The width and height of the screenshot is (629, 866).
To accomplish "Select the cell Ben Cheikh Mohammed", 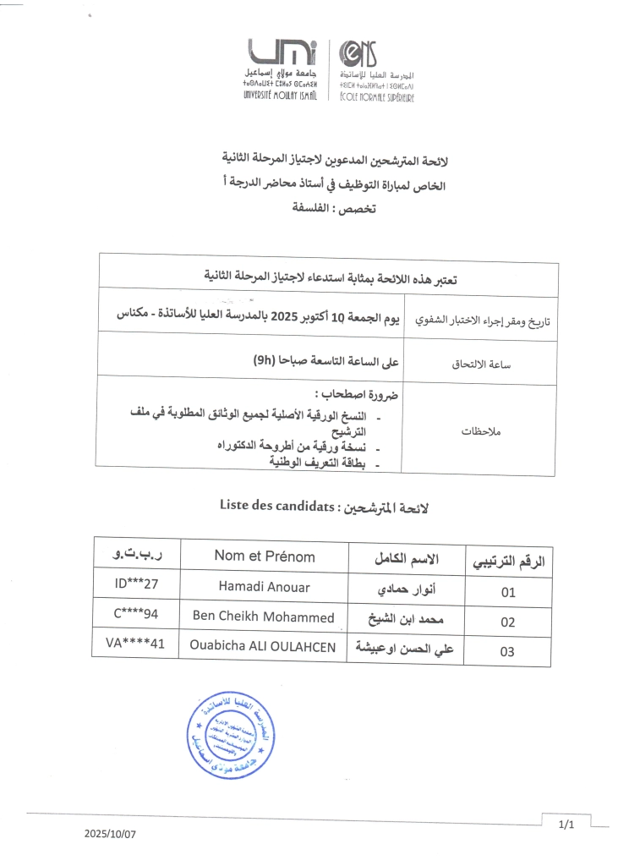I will pyautogui.click(x=263, y=616).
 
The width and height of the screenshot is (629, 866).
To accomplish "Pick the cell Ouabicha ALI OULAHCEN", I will pyautogui.click(x=265, y=647).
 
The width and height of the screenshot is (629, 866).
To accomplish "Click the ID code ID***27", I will pyautogui.click(x=136, y=583).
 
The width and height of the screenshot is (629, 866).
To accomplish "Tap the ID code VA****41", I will pyautogui.click(x=136, y=644).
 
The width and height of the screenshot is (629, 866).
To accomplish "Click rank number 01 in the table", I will pyautogui.click(x=507, y=592).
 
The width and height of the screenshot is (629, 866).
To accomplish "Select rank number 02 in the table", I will pyautogui.click(x=507, y=622).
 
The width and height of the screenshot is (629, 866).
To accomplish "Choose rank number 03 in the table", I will pyautogui.click(x=507, y=652).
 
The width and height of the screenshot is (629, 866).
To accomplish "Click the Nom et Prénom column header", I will pyautogui.click(x=264, y=556).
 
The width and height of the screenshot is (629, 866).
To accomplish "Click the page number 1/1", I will pyautogui.click(x=566, y=823).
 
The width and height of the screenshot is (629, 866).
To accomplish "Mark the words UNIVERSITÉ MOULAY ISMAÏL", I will pyautogui.click(x=279, y=95).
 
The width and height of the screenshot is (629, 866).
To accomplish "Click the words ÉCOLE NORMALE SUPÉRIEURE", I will pyautogui.click(x=376, y=96).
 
